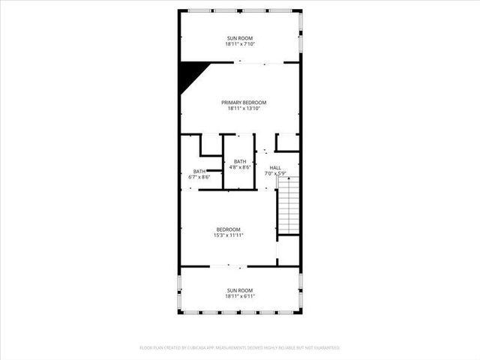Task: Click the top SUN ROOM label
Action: [240, 37]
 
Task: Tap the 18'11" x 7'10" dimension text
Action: [240, 43]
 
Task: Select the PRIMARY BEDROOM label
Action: [244, 103]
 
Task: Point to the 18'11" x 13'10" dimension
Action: [244, 109]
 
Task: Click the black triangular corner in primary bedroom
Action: [189, 73]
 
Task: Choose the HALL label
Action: [275, 167]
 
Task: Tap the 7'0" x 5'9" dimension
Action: [276, 173]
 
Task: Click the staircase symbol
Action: [289, 206]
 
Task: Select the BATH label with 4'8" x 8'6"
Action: [240, 161]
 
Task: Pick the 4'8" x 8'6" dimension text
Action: [240, 167]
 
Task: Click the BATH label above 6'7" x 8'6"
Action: [199, 171]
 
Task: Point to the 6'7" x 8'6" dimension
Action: [199, 177]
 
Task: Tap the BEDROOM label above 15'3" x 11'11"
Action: [229, 229]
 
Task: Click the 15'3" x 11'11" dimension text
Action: [229, 235]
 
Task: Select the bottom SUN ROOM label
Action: [240, 290]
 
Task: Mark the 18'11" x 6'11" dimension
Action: [240, 296]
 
